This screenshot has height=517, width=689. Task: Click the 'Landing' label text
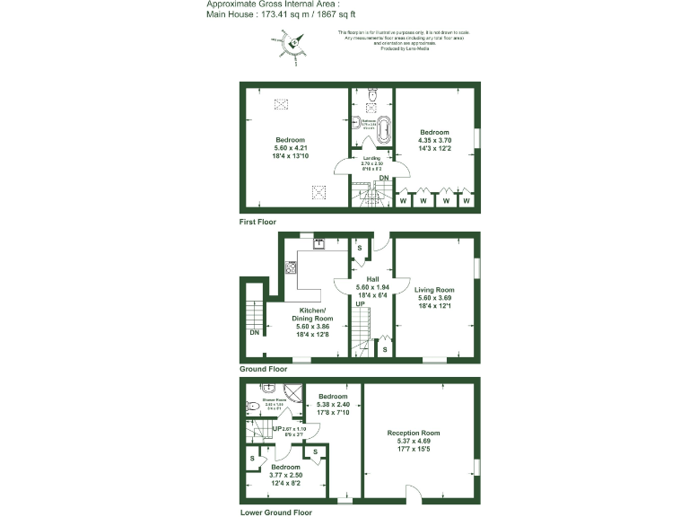pos(371,158)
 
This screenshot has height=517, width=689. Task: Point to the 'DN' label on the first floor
pos(383,179)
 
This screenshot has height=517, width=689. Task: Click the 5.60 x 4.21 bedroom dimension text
pos(290,149)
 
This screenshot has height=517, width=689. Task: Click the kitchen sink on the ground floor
pos(318,241)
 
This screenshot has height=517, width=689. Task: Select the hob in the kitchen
pos(291,267)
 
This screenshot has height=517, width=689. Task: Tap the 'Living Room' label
pos(434,290)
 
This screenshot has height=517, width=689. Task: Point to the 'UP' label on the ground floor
pos(359,305)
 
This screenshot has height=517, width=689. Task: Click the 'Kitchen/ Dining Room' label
pos(312,313)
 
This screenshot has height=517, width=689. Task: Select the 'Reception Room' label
pos(414,433)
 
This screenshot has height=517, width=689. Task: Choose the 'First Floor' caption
pos(257,221)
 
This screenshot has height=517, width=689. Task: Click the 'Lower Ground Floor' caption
pos(275,513)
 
